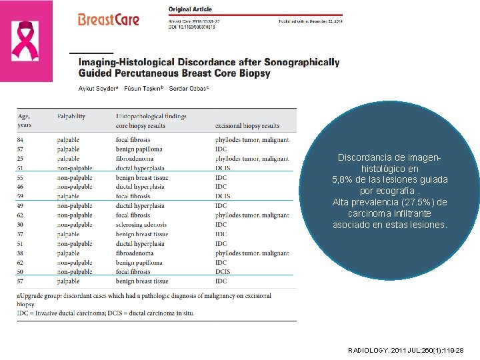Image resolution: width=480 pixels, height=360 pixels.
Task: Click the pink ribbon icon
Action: click(26, 41)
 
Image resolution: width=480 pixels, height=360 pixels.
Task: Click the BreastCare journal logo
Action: click(109, 19)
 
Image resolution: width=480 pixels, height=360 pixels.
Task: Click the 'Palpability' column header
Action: click(71, 116)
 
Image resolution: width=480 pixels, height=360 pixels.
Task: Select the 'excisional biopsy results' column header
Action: click(247, 126)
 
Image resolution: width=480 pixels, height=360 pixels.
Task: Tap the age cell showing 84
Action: click(21, 140)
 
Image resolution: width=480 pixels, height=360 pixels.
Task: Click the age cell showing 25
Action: click(21, 159)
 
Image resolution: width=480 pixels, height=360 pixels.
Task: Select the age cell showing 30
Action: click(21, 225)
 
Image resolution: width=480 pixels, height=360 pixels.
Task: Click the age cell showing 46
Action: click(21, 187)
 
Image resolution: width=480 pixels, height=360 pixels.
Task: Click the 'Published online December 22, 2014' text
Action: click(310, 20)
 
